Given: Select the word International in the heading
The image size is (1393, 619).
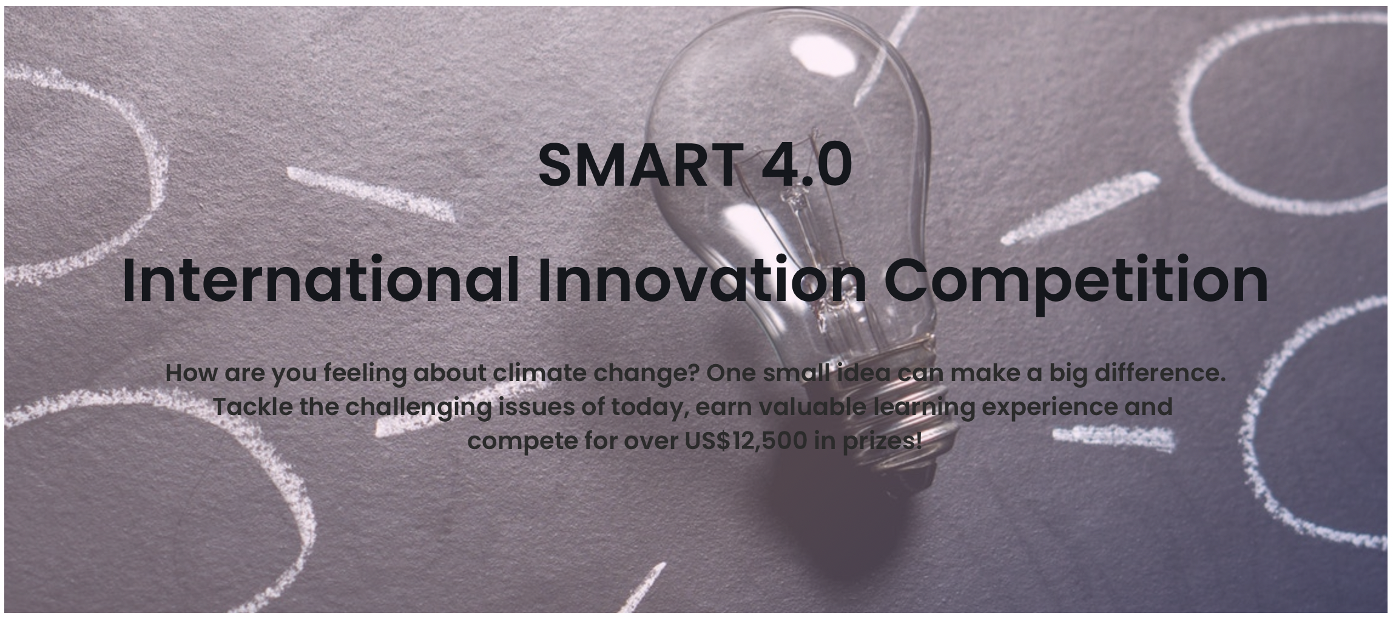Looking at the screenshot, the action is [320, 280].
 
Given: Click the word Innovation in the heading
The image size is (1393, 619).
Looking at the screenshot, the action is [703, 280].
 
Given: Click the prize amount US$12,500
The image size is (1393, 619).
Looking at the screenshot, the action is [746, 441].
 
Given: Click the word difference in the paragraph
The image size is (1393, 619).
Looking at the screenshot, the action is [1159, 373].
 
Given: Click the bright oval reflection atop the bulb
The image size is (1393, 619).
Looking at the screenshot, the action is [823, 55].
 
